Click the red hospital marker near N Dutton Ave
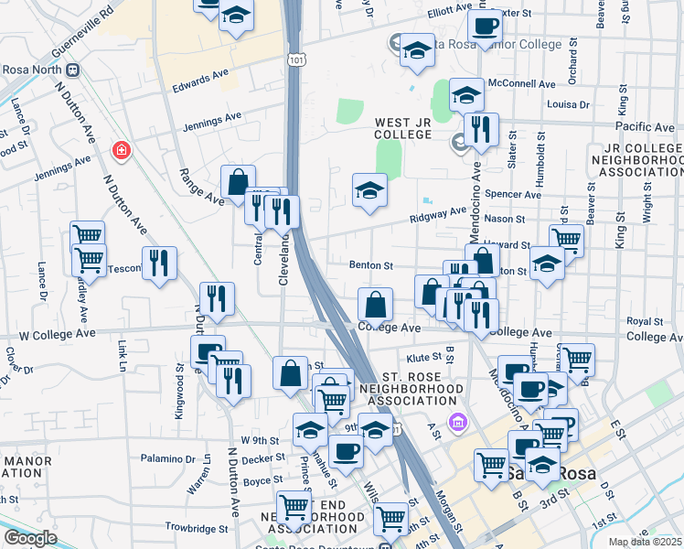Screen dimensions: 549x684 click(x=120, y=149)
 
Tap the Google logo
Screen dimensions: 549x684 click(x=29, y=538)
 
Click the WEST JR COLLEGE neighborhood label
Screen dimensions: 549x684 click(x=402, y=128)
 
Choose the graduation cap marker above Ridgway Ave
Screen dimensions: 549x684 click(x=370, y=190)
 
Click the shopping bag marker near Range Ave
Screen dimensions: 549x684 click(x=238, y=182)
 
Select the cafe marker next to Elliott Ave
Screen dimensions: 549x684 click(x=485, y=26)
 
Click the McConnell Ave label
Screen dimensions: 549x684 click(x=521, y=83)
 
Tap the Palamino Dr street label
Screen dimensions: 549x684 click(x=168, y=458)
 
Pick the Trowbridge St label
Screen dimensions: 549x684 click(x=197, y=528)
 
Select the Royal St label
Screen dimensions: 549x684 click(x=645, y=321)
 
